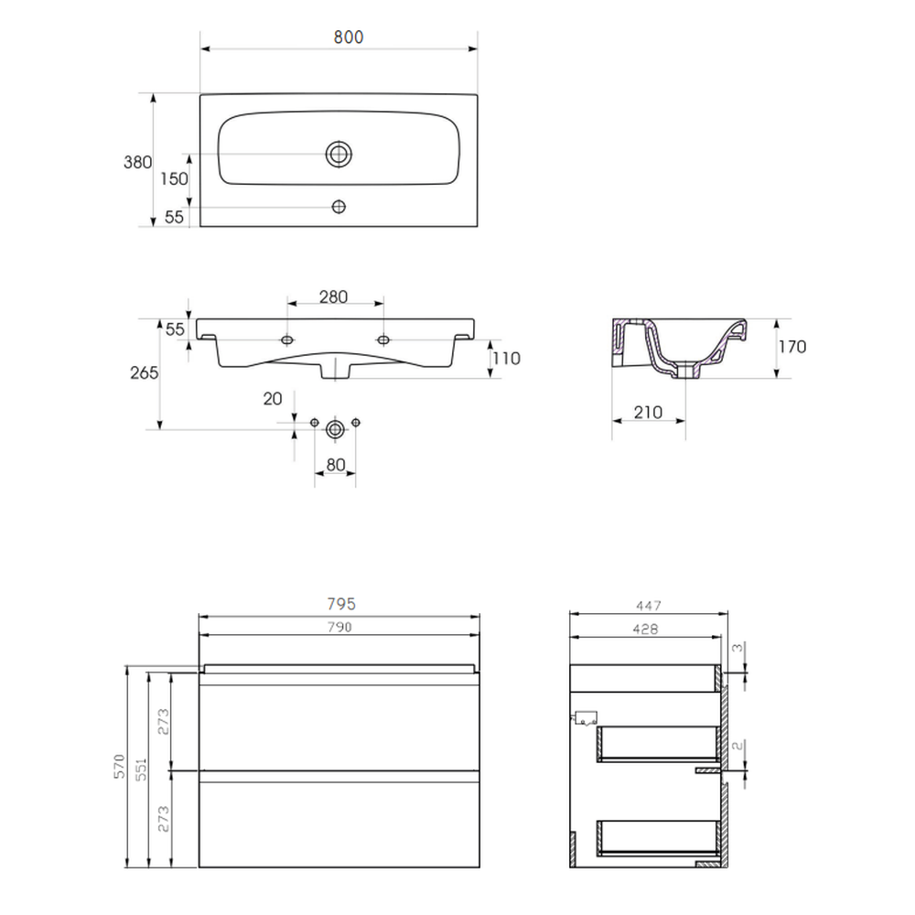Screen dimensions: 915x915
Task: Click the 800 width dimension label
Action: (x=349, y=38)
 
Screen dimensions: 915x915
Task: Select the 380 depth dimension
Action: (x=138, y=162)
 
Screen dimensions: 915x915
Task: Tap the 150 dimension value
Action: (x=175, y=178)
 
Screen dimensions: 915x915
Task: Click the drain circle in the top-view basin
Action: (x=339, y=155)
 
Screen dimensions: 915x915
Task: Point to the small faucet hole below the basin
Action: (x=339, y=207)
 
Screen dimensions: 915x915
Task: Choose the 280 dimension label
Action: (x=333, y=297)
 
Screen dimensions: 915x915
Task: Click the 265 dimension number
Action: (x=145, y=372)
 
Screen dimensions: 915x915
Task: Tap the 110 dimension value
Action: (x=506, y=359)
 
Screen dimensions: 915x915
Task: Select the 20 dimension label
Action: (x=273, y=399)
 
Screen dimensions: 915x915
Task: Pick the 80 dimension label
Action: (x=336, y=465)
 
